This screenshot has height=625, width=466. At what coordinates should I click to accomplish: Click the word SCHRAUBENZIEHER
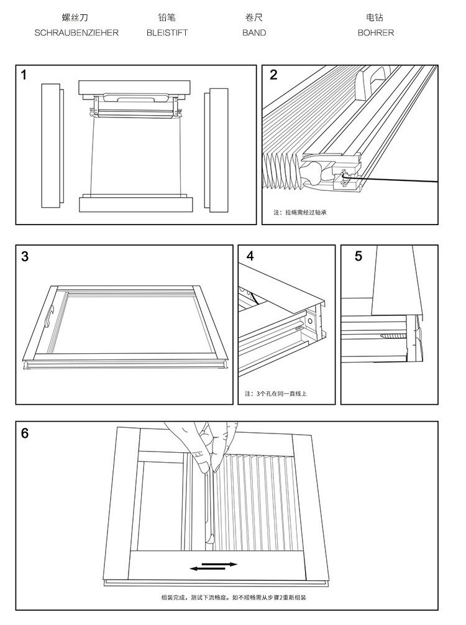(x=76, y=33)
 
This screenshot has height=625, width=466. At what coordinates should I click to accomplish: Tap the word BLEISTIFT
(x=167, y=33)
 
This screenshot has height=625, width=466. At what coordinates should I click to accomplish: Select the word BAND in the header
(x=254, y=33)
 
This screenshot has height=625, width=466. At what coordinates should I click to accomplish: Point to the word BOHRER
(x=375, y=33)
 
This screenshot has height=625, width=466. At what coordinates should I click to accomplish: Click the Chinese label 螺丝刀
(x=75, y=17)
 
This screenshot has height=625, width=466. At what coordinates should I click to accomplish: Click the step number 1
(x=24, y=75)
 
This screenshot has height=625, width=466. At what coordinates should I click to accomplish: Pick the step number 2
(x=273, y=75)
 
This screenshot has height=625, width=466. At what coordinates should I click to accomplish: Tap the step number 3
(x=25, y=256)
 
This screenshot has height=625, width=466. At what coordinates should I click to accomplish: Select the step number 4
(x=250, y=256)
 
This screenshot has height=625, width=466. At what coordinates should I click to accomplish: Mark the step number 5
(x=359, y=256)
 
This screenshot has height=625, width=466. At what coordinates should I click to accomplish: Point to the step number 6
(x=25, y=433)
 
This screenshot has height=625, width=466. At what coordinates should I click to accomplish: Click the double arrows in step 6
(x=214, y=567)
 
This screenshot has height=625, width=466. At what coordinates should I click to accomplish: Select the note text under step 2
(x=300, y=213)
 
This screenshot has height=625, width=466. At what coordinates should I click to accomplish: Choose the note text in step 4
(x=276, y=394)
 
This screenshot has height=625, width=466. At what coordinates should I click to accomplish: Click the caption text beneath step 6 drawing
(x=234, y=598)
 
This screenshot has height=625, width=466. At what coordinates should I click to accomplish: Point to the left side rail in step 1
(x=52, y=146)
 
